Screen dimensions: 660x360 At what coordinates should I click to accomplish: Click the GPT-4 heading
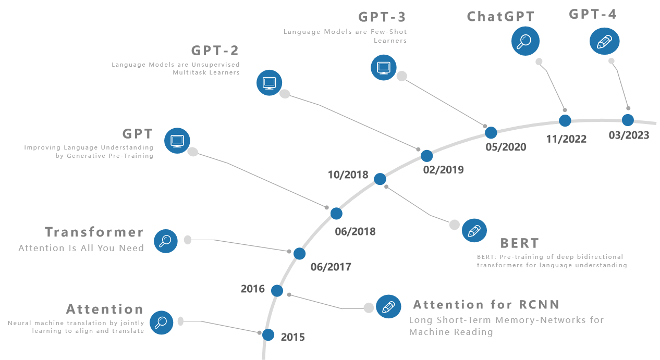click(593, 14)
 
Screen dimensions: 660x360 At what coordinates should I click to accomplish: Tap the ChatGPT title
click(500, 17)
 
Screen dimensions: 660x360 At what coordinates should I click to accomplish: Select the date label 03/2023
click(629, 135)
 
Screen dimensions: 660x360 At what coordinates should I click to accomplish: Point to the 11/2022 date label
click(566, 139)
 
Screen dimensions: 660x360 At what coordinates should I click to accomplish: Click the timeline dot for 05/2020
click(491, 132)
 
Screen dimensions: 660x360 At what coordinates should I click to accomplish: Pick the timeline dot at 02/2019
click(426, 156)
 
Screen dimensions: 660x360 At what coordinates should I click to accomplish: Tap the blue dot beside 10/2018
click(380, 179)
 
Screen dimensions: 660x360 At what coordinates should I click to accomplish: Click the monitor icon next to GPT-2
click(270, 83)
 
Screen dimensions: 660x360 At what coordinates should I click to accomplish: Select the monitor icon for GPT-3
click(384, 67)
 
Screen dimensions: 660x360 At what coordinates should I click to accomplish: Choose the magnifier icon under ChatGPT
click(525, 41)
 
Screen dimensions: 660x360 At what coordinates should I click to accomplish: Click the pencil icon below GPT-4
click(604, 41)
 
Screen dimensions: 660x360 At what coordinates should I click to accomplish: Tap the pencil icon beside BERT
click(474, 230)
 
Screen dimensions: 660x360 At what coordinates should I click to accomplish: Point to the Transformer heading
click(94, 232)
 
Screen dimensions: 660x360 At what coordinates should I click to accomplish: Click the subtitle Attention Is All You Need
click(81, 248)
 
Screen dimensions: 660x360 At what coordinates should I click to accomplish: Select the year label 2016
click(252, 289)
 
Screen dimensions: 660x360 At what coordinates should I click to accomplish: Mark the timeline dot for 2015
click(268, 334)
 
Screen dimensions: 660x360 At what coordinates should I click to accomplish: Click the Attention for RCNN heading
click(486, 304)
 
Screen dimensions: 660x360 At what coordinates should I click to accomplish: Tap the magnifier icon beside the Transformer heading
click(166, 241)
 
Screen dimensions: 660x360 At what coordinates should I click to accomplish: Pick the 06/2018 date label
click(355, 231)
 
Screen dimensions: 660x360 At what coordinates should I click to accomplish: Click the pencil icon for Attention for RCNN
click(388, 307)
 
